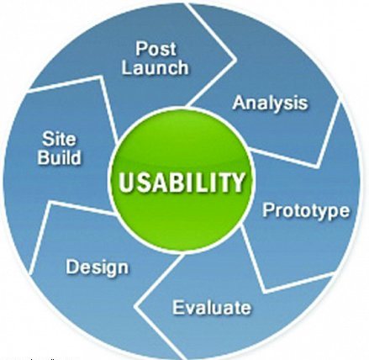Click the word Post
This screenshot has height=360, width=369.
pos(156,49)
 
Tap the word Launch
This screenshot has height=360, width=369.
pos(155,67)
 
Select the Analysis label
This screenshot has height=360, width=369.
pos(270,103)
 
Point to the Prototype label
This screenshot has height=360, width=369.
pos(306,210)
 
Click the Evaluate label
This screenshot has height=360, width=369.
pos(212,307)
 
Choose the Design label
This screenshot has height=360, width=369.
pos(98,267)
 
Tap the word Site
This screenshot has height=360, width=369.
pos(59,139)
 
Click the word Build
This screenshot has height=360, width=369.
pos(59,157)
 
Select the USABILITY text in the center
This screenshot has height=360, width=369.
pos(182,183)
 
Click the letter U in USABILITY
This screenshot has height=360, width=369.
pos(126,183)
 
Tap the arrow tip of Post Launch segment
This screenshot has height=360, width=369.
pos(236,60)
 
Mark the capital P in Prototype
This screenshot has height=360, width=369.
pos(267,209)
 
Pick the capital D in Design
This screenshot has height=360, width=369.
pos(72,267)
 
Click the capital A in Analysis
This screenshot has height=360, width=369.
pos(239,103)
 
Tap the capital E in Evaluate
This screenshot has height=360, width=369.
pos(177,307)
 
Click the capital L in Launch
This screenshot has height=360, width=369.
pos(127,67)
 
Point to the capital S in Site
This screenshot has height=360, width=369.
pos(47,139)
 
